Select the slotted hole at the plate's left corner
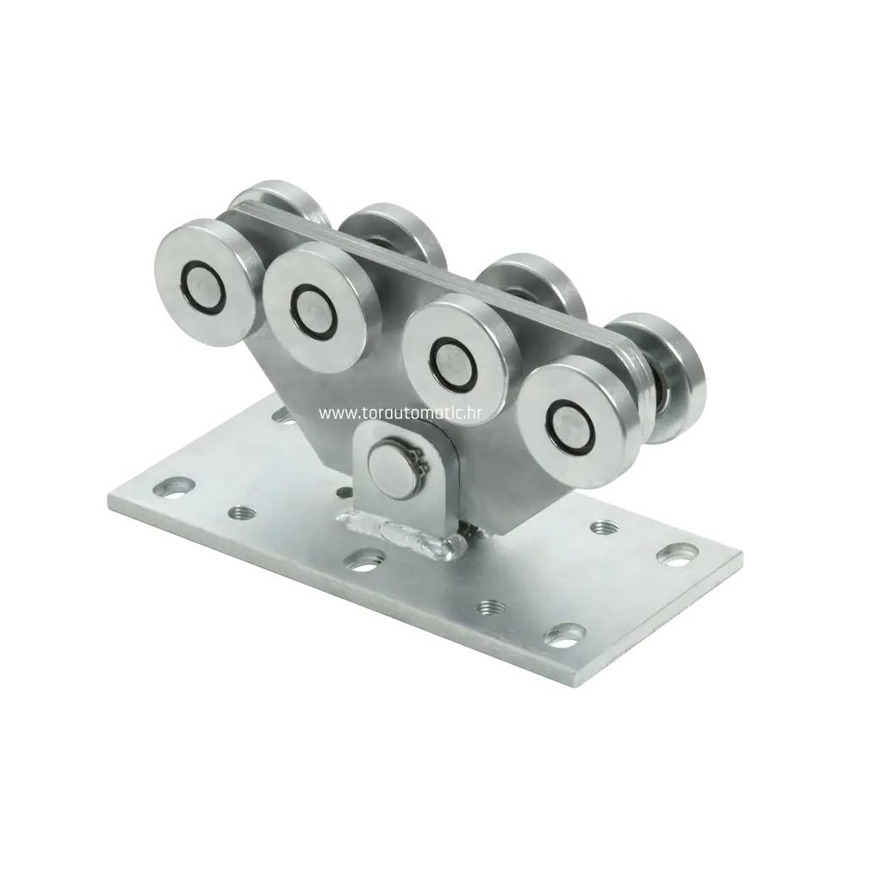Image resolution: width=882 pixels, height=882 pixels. pyautogui.click(x=174, y=488)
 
